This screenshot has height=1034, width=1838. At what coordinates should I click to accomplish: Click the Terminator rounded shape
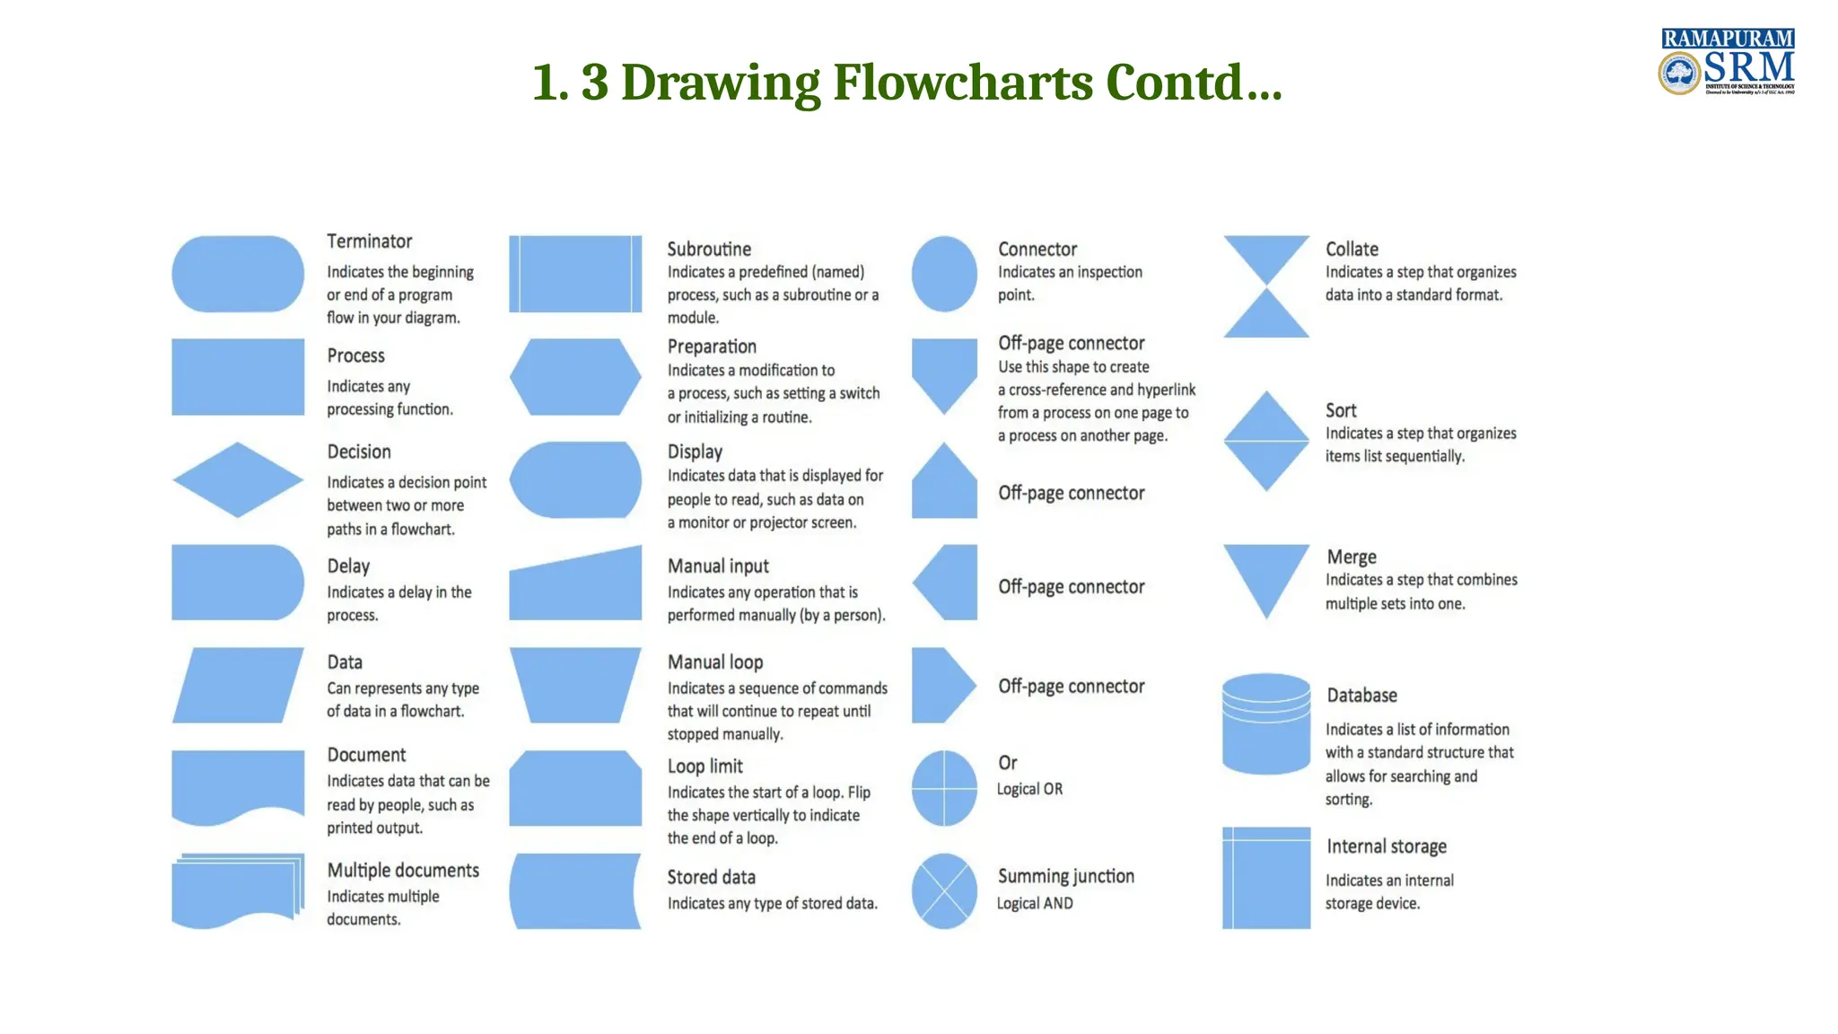coord(238,274)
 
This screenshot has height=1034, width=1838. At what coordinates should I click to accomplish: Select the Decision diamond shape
coord(238,479)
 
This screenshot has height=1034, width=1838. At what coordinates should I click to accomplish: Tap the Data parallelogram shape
coord(238,685)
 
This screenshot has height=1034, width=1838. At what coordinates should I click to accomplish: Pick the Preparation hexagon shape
coord(575,377)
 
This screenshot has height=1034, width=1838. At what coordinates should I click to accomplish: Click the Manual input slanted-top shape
coord(575,588)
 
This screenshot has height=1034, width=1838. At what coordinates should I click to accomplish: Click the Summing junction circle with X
coord(944,890)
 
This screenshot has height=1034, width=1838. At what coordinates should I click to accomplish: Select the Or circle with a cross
coord(944,788)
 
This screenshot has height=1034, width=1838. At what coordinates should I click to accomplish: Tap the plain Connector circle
coord(944,274)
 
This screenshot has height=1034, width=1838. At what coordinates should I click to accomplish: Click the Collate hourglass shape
coord(1266,286)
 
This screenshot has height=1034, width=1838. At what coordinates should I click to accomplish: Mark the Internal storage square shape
coord(1266,878)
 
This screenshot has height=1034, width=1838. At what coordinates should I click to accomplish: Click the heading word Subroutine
coord(709,249)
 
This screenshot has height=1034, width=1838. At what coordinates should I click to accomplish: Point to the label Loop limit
coord(705,766)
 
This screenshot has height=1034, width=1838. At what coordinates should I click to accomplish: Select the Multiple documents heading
coord(403,870)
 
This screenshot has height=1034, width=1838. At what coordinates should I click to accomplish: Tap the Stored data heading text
coord(711,877)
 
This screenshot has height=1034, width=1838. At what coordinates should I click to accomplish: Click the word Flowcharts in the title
coord(962,82)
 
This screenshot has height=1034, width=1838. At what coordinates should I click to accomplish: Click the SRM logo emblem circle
coord(1679,73)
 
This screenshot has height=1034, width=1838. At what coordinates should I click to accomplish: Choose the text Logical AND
coord(1035,903)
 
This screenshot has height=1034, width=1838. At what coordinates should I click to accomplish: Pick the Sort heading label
coord(1341,410)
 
